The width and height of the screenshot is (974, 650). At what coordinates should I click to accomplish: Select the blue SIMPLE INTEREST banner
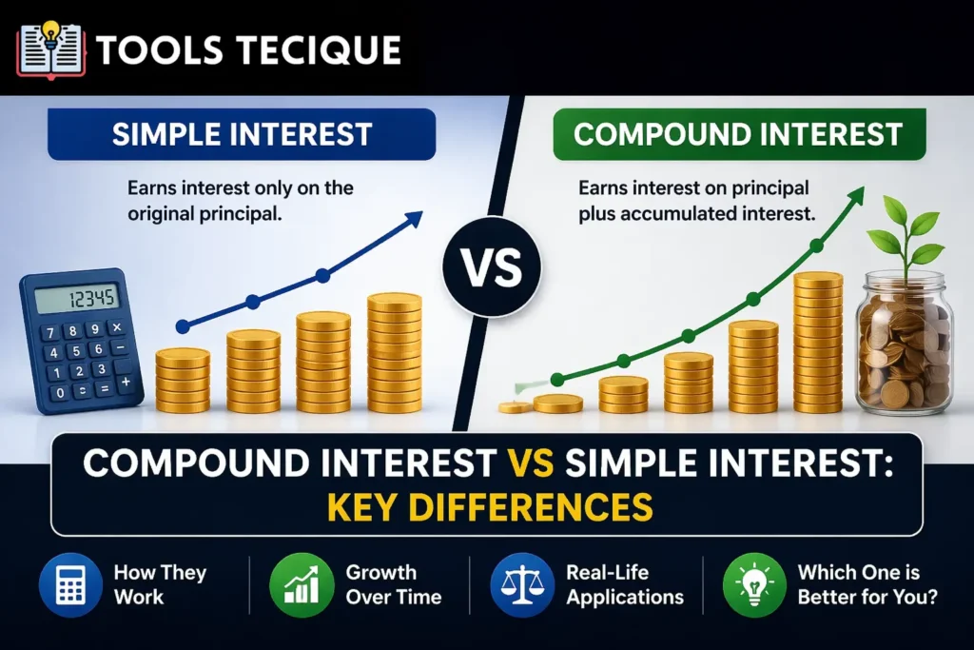pos(242,133)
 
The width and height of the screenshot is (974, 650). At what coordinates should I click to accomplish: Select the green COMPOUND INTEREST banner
pos(738,133)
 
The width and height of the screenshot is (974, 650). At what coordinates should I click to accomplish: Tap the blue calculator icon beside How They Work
pos(70,584)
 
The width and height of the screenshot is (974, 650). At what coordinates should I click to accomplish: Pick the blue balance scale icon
pos(521,584)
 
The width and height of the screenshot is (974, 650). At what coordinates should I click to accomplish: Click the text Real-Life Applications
pos(624,585)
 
